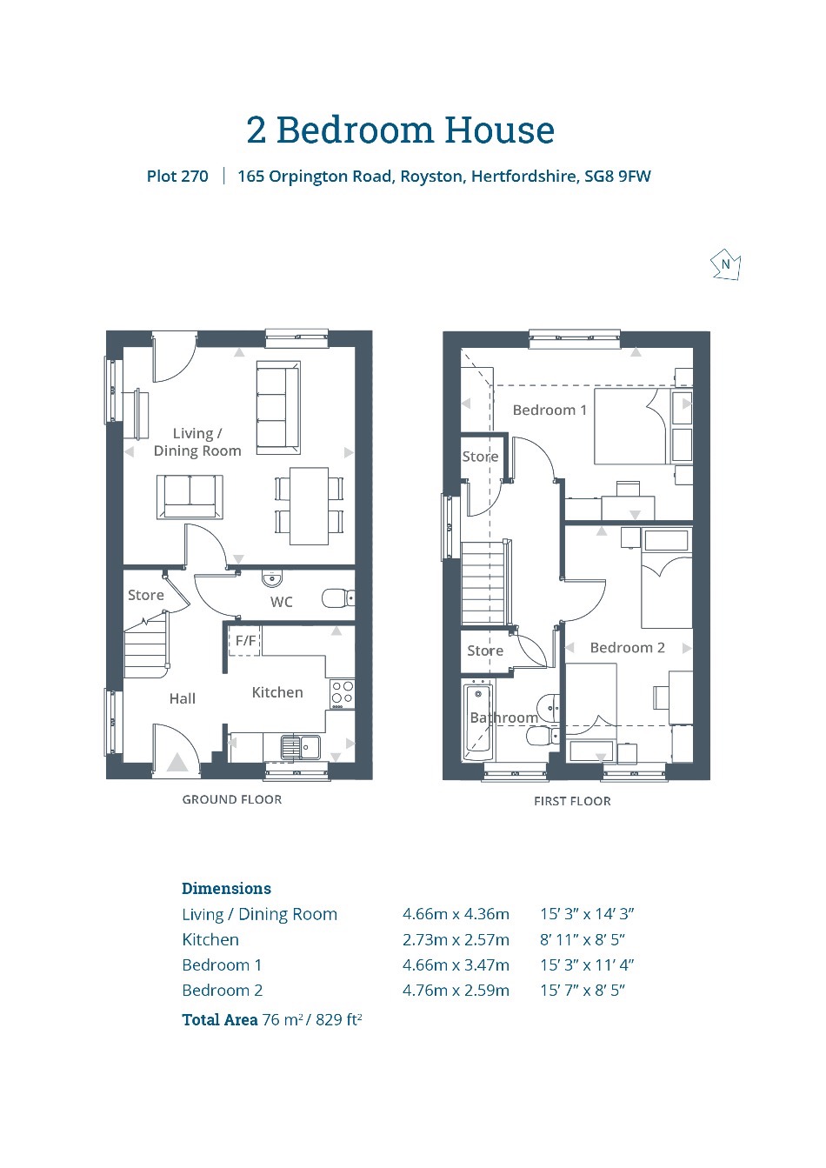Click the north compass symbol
[725, 265]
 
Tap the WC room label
[282, 602]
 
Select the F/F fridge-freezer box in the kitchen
[245, 640]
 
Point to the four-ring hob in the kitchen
[342, 693]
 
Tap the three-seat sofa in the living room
[278, 407]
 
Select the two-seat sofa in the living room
[190, 497]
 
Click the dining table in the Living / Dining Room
[309, 506]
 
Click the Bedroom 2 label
[628, 648]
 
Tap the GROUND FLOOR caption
[232, 799]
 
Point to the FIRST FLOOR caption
[572, 801]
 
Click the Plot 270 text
[177, 177]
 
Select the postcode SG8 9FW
[617, 177]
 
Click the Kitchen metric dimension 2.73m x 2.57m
[456, 939]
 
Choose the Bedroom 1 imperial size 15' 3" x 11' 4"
[587, 965]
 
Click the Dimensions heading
[226, 889]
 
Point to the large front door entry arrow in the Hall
[177, 763]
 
